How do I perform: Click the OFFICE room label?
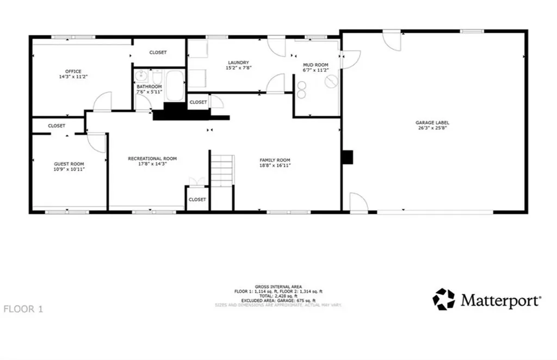tap(73, 71)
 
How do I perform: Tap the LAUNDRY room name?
tap(238, 63)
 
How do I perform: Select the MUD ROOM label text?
tap(315, 65)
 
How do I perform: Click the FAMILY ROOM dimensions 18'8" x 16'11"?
tap(274, 165)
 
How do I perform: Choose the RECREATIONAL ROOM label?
tap(152, 158)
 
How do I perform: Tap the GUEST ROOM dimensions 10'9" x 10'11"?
tap(69, 169)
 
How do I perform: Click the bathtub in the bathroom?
tap(175, 86)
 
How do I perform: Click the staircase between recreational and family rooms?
tap(222, 170)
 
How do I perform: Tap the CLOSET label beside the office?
tap(158, 52)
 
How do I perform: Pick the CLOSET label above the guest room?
tap(57, 126)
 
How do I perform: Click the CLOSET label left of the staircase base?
tap(197, 200)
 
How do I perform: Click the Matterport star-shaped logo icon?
tap(444, 299)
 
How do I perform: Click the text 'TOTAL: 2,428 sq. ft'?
tap(278, 296)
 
